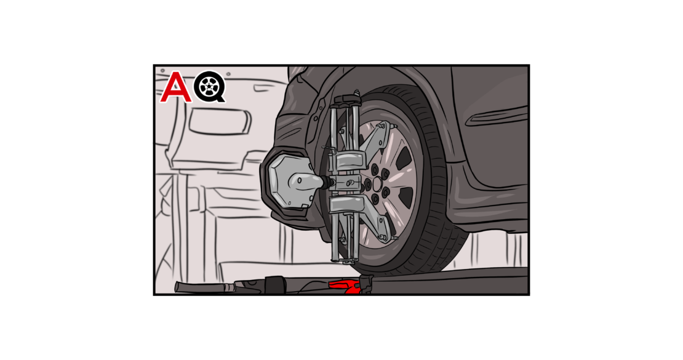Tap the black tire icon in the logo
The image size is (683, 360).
[210, 88]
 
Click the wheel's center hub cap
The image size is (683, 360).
[377, 183]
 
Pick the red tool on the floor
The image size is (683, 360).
[346, 286]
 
